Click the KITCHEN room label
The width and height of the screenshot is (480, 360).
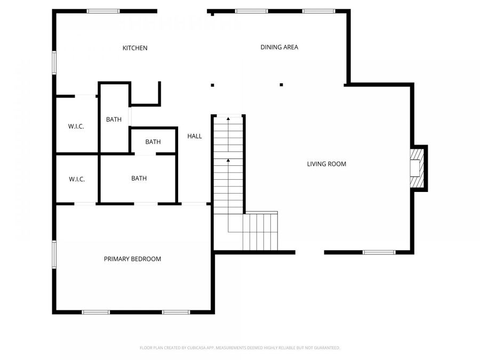(x=135, y=48)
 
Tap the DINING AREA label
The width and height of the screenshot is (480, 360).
(x=279, y=47)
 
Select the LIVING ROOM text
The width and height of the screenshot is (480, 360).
(x=326, y=164)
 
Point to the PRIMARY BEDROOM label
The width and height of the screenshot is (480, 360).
(x=132, y=259)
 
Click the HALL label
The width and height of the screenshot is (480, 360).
(x=195, y=136)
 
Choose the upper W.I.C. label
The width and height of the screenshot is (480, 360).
(x=76, y=126)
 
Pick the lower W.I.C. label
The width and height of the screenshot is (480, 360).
(x=76, y=179)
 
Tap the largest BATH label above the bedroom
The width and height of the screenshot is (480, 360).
(x=139, y=178)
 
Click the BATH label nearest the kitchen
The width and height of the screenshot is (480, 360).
(x=114, y=119)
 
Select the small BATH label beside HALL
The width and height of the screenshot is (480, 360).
(x=153, y=142)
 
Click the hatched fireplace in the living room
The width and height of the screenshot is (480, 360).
(x=415, y=168)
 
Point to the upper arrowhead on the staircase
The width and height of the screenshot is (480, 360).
(x=228, y=118)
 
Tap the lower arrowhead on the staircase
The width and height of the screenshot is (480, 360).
(x=228, y=160)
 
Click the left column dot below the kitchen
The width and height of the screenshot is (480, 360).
(x=212, y=85)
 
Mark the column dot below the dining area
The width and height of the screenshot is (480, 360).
(x=281, y=84)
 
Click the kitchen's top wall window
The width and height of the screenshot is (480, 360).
(x=103, y=11)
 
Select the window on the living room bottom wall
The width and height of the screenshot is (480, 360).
(x=379, y=252)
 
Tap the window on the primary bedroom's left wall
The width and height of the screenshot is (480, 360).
(x=54, y=255)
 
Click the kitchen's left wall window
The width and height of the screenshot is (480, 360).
(x=54, y=62)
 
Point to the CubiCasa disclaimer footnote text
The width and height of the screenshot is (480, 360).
(x=240, y=348)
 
